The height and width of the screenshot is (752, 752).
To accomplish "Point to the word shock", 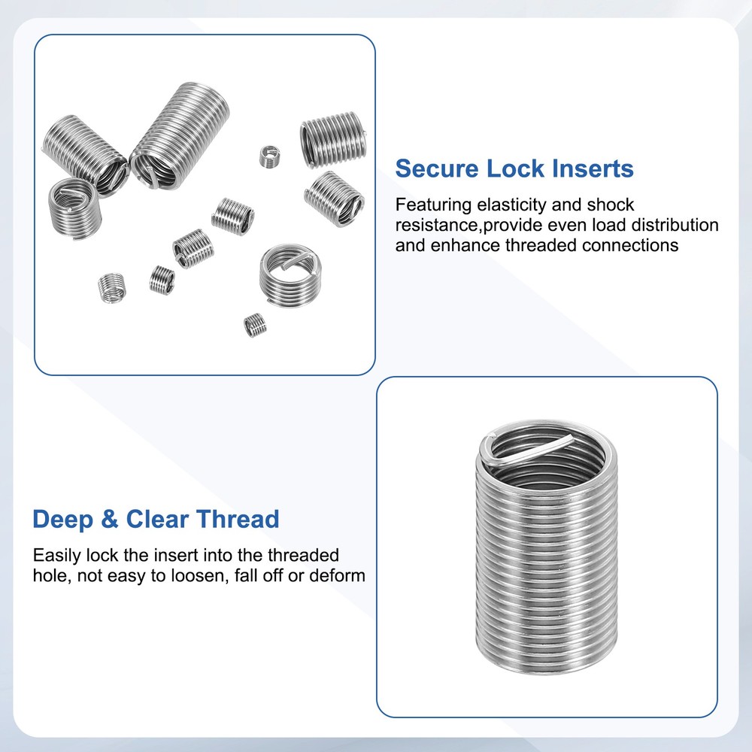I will click(x=610, y=205).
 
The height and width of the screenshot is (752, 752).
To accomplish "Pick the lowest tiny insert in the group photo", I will click(x=256, y=325).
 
